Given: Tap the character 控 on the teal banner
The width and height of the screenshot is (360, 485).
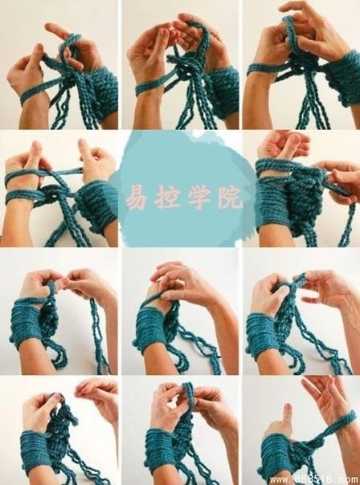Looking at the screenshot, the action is [168, 197].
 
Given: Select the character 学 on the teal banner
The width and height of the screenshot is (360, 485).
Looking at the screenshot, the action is [199, 197].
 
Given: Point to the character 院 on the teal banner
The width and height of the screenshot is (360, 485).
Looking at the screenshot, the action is [230, 197].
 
